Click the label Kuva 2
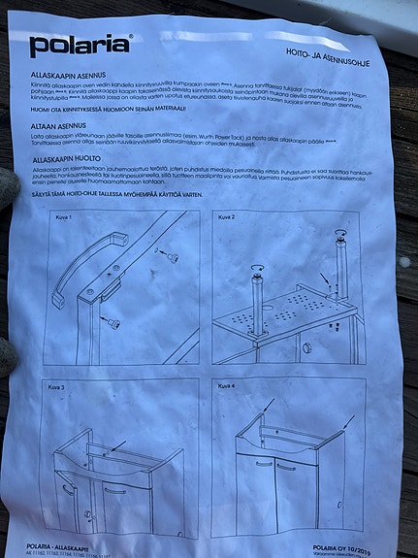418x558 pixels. coord(225,216)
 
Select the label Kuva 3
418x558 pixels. coord(56,387)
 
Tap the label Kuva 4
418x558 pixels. coord(225,385)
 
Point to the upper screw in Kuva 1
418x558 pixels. coord(170,257)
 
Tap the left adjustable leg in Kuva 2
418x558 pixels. coord(259,291)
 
